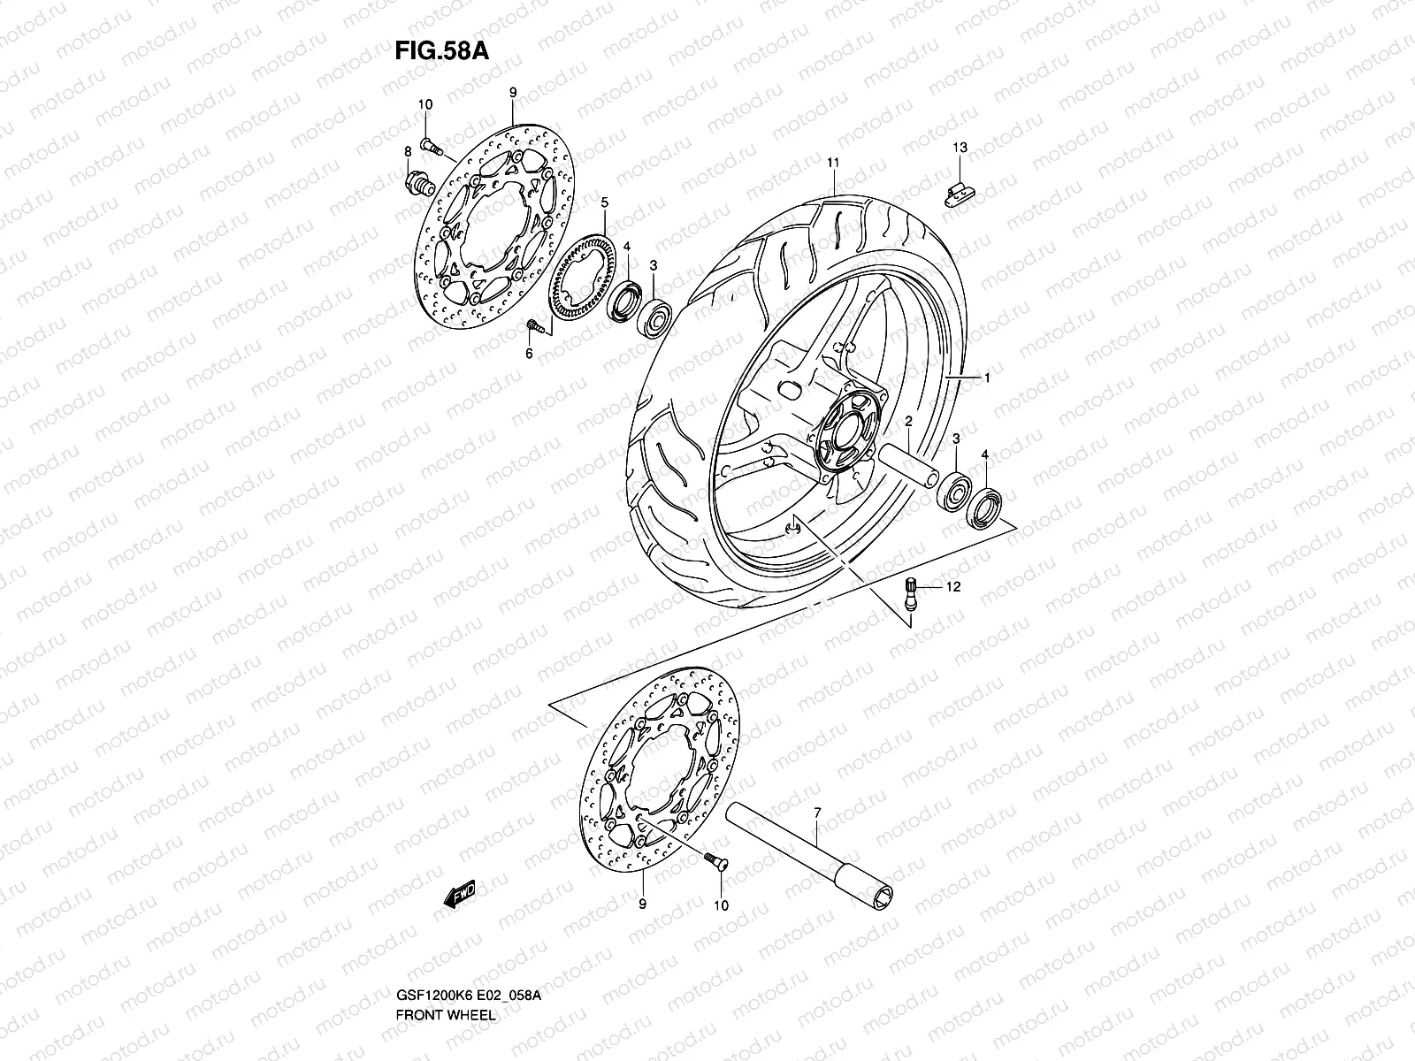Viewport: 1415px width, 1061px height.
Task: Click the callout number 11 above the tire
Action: click(x=832, y=163)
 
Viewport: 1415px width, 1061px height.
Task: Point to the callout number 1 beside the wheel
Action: click(x=987, y=378)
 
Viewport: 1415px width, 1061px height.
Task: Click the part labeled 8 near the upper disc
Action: click(x=417, y=183)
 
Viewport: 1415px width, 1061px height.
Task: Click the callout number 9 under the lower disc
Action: click(x=642, y=905)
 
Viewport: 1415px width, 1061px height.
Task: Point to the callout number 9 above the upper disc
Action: click(x=512, y=92)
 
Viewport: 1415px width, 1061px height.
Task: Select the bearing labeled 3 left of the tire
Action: click(x=655, y=317)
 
